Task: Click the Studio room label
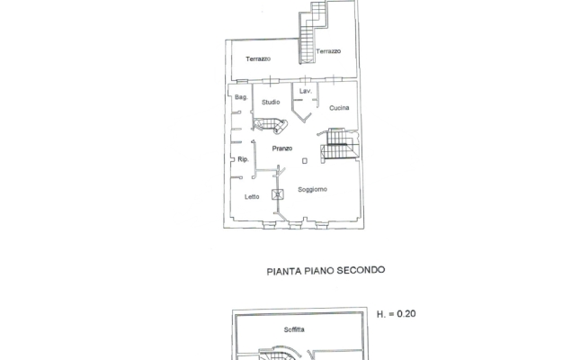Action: point(271,103)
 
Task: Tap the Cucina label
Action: point(339,108)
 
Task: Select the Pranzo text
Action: point(282,148)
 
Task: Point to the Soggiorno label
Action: point(312,189)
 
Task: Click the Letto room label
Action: point(252,196)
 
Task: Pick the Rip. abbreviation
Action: point(243,160)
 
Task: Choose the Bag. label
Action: point(241,97)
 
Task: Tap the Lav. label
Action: point(305,92)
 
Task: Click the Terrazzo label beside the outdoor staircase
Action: point(328,51)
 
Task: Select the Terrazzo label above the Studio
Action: point(258,59)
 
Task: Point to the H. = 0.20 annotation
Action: point(396,314)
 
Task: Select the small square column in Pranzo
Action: point(305,161)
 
